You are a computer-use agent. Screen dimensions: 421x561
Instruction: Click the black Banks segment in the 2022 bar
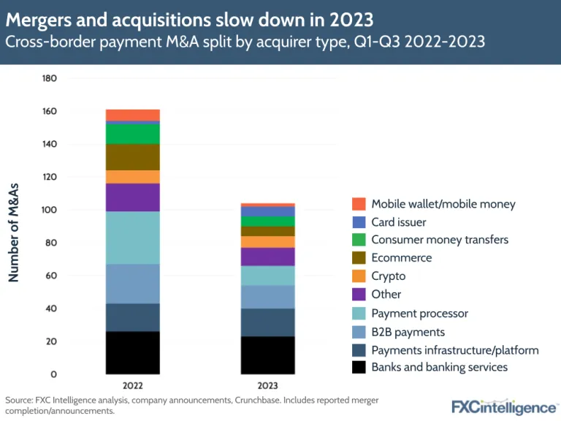(132, 352)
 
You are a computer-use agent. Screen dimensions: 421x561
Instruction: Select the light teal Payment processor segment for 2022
(132, 238)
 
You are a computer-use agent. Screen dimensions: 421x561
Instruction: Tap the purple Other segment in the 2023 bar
(267, 257)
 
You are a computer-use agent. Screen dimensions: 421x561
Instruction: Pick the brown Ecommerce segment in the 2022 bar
(132, 157)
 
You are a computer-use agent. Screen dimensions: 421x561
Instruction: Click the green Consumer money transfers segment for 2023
(267, 221)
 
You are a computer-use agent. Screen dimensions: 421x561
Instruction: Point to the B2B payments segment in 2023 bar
(267, 297)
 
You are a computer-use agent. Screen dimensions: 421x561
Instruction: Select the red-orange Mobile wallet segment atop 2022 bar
(132, 115)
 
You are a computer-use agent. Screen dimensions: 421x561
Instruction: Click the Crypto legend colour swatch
(358, 276)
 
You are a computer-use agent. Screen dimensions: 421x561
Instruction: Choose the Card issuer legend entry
(399, 222)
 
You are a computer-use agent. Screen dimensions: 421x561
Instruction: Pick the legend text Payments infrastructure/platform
(454, 349)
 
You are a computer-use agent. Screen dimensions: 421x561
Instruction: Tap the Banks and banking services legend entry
(439, 367)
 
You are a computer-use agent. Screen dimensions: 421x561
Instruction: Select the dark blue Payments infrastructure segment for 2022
(132, 317)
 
